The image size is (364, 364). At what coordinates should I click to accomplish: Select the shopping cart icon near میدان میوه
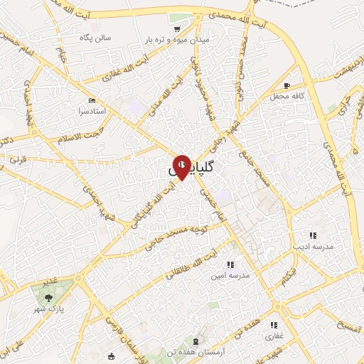click(x=176, y=29)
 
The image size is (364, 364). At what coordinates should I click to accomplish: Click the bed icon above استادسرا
click(x=92, y=101)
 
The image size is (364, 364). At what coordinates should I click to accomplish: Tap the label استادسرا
click(x=91, y=112)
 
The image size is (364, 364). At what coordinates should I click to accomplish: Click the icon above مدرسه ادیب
click(x=311, y=235)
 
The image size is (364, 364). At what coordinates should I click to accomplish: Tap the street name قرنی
click(x=18, y=160)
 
